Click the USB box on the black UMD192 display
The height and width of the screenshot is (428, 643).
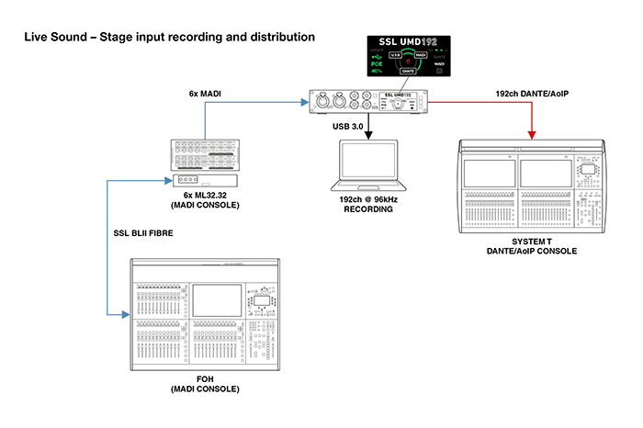tap(396, 56)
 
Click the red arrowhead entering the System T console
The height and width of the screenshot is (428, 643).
tap(530, 138)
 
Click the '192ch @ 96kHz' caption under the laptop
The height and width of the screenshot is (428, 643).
tap(367, 200)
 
